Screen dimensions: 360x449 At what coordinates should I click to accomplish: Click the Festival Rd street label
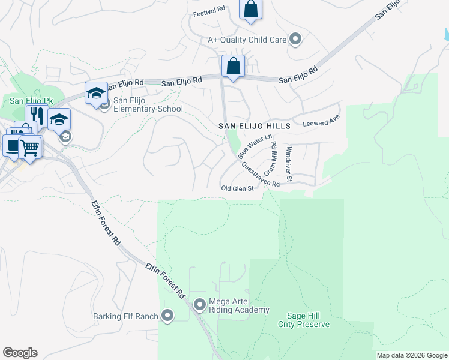pos(209,10)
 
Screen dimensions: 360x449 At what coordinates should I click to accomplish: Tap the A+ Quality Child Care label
pos(246,40)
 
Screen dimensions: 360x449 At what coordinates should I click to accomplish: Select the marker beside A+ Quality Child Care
pos(295,40)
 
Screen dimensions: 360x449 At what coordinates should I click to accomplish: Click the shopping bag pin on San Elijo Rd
pos(233,66)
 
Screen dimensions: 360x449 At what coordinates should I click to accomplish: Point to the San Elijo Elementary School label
pos(148,104)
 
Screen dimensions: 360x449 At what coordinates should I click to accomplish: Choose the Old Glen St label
pos(238,188)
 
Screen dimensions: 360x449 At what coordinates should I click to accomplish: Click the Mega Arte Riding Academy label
pos(238,305)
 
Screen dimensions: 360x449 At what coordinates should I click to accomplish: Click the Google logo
pos(20,353)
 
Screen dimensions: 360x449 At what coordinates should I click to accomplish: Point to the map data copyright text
pos(412,355)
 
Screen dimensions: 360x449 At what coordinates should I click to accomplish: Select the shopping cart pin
pos(30,147)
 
